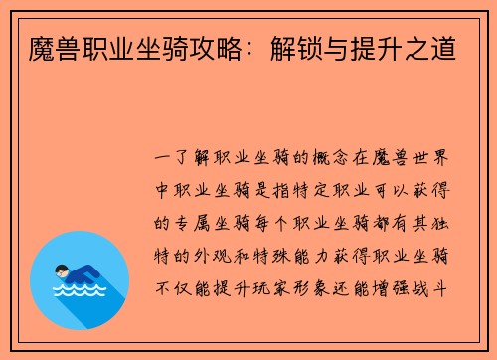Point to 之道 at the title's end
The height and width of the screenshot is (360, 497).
(433, 44)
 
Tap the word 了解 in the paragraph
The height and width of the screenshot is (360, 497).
(194, 159)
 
